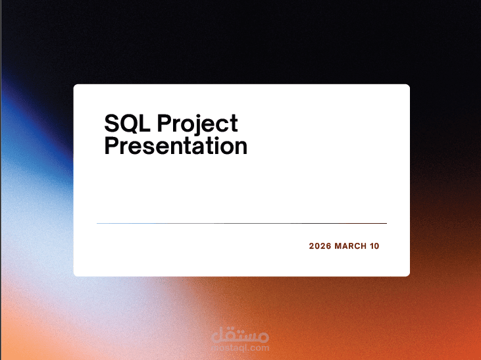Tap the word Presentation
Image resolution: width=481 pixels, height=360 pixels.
[x=176, y=145]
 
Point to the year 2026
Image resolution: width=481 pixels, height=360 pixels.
[x=320, y=246]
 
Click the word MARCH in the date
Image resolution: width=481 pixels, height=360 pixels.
[x=349, y=246]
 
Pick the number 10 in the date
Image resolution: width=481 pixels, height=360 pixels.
[x=374, y=246]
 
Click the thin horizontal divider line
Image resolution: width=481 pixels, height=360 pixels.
[x=241, y=224]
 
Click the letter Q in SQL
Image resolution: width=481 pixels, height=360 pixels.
[x=128, y=123]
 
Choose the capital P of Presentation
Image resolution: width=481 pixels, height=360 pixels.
[x=111, y=145]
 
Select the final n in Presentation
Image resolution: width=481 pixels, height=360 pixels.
[x=241, y=147]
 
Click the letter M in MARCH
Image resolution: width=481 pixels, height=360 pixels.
[x=338, y=246]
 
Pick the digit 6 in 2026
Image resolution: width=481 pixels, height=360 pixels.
[x=328, y=246]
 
